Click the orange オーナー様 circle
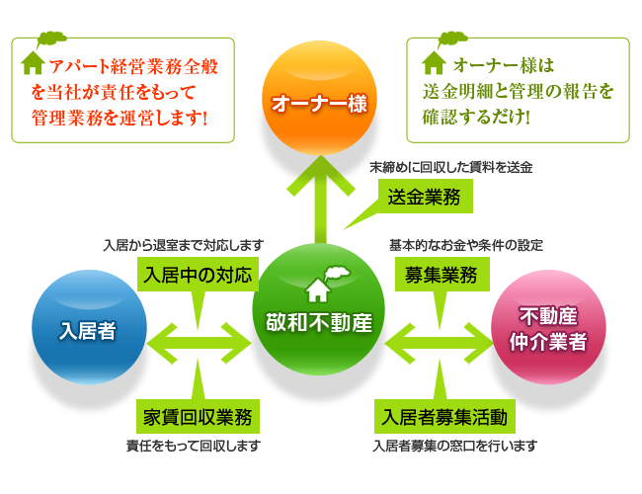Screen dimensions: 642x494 click(319, 98)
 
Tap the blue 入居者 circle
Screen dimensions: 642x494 click(89, 327)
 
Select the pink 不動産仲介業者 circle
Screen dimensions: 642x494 click(548, 327)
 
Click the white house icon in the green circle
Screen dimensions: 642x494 click(318, 289)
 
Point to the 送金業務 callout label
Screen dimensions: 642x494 click(424, 197)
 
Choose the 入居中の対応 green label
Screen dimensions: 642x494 click(199, 274)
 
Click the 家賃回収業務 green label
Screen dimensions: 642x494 click(199, 417)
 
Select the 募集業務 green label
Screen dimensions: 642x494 click(441, 274)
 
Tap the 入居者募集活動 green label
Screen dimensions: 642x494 click(444, 417)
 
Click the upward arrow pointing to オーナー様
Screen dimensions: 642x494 click(321, 200)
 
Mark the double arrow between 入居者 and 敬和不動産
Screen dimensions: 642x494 click(200, 343)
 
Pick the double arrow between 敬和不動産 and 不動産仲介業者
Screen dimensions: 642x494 click(439, 343)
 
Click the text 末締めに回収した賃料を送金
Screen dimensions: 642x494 click(450, 167)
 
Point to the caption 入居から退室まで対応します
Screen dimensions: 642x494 click(184, 245)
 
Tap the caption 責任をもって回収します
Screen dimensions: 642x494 click(194, 446)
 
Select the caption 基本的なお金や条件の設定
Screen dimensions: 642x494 click(466, 245)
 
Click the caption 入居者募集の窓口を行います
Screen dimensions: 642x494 click(455, 446)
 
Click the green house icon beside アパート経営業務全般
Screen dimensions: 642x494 click(33, 63)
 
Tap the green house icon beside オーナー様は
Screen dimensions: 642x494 click(434, 63)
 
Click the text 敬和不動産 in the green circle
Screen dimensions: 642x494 click(319, 322)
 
